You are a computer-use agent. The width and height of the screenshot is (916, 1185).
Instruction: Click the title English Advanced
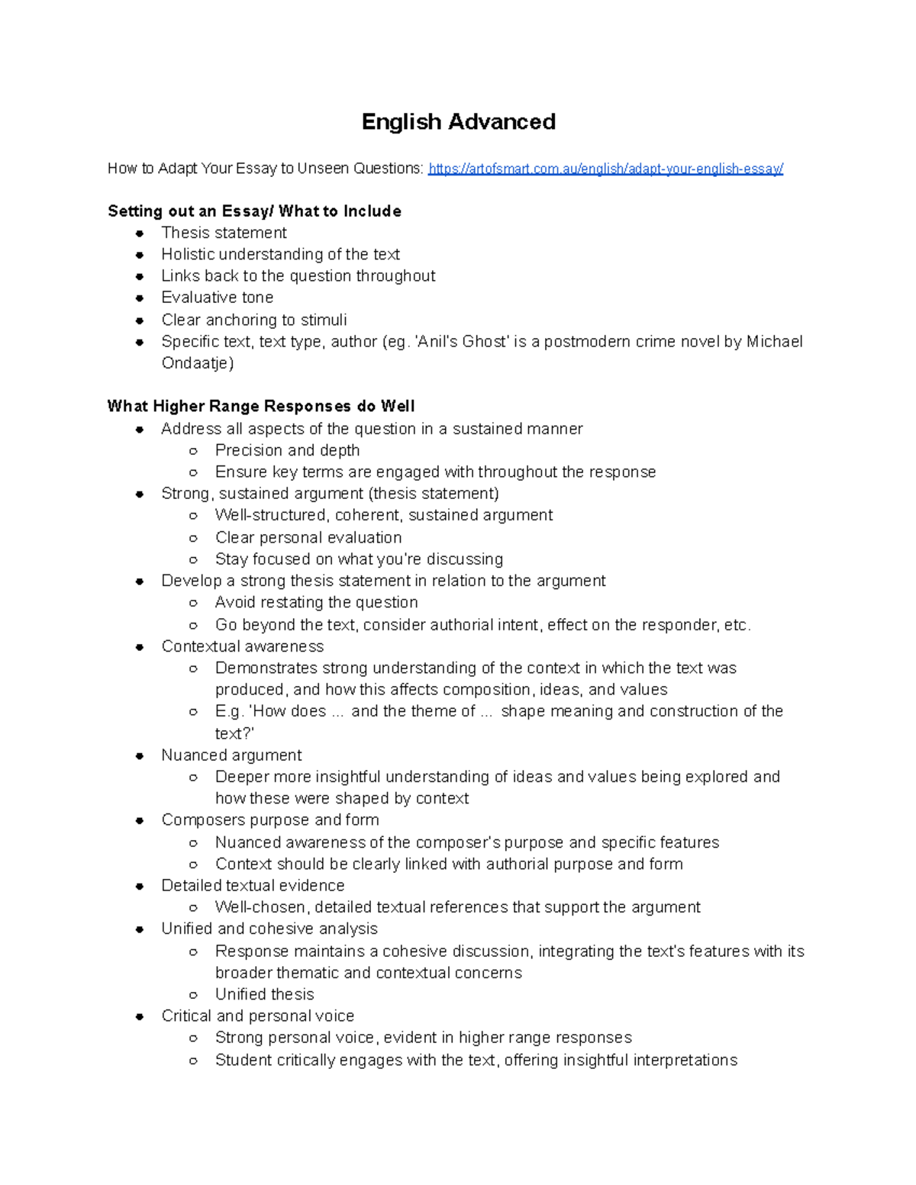coord(458,121)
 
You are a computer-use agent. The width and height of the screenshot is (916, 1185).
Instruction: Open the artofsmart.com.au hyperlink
coord(605,169)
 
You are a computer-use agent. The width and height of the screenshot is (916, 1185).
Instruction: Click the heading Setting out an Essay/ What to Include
coord(254,211)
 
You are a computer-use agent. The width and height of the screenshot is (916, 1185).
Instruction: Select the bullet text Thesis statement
coord(224,233)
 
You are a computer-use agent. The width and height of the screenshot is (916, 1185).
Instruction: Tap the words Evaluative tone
coord(217,298)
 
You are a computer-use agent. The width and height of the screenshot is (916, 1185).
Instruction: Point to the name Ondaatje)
coord(198,363)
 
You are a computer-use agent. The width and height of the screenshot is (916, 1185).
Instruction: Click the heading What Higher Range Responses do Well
coord(261,406)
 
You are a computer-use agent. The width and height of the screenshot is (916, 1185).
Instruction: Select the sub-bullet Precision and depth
coord(287,450)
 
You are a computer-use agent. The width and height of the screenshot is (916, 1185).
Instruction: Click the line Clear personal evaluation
coord(308,537)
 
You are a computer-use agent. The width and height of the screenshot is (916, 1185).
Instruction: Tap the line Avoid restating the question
coord(316,602)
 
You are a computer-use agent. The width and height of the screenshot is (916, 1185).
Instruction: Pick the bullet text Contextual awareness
coord(242,646)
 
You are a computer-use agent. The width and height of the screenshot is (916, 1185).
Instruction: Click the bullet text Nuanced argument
coord(231,755)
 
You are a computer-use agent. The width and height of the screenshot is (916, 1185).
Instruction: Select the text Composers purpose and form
coord(270,820)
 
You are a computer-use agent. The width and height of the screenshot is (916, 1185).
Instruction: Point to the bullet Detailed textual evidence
coord(253,886)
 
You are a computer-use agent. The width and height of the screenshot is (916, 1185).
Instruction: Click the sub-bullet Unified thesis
coord(264,994)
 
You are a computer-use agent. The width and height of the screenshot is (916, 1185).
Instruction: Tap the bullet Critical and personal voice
coord(257,1016)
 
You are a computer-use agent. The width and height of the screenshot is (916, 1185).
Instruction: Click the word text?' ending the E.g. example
coord(234,733)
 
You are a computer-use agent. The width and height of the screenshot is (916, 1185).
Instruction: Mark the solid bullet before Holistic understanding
coord(140,255)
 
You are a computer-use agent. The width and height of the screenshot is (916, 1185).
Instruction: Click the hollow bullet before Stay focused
coord(194,560)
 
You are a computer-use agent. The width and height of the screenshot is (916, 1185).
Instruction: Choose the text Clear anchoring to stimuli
coord(253,320)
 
